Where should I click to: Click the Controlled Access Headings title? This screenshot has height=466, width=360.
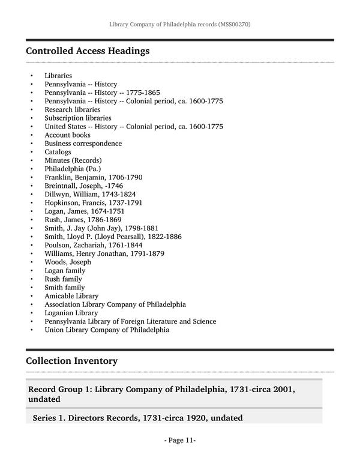coord(88,51)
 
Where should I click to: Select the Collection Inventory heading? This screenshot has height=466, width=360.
coord(71,361)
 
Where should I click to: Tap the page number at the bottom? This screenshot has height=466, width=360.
coord(180,440)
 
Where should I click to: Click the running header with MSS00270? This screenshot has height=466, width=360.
coord(180,25)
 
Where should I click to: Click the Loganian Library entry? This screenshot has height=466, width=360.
coord(71,313)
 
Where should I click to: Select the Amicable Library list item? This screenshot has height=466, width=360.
coord(71,296)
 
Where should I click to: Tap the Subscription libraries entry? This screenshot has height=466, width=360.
coord(77,118)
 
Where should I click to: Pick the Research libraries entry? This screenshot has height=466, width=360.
coord(72,110)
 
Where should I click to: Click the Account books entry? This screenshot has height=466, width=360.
coord(67,135)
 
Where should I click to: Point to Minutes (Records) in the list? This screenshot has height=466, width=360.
coord(73,160)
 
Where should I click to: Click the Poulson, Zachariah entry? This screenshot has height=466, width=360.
coord(93,245)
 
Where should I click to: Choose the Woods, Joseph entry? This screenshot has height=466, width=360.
coord(68,262)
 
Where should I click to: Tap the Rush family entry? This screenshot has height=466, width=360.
coord(63,279)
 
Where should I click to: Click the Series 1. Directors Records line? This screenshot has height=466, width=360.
coord(137,417)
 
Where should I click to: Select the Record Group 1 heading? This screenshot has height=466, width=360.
coord(161,394)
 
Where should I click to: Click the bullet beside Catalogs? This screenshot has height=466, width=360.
coord(31,153)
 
